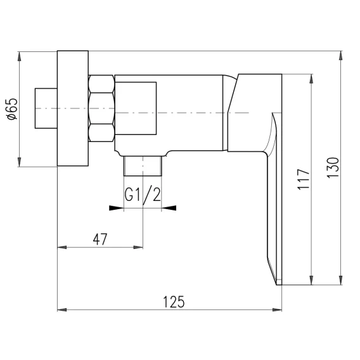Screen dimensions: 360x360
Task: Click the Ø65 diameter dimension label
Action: click(12, 109)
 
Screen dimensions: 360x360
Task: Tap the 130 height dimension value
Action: click(333, 167)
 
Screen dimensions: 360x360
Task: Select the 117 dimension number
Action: click(304, 179)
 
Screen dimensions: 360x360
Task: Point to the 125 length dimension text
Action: click(174, 302)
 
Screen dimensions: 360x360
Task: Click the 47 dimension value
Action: click(100, 239)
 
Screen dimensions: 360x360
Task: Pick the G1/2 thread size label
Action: click(143, 195)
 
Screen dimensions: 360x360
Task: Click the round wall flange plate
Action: click(72, 108)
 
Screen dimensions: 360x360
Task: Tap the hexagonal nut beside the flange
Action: click(101, 108)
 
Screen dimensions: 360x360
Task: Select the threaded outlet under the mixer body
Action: click(143, 166)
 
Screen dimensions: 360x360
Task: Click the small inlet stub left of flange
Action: click(46, 108)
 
